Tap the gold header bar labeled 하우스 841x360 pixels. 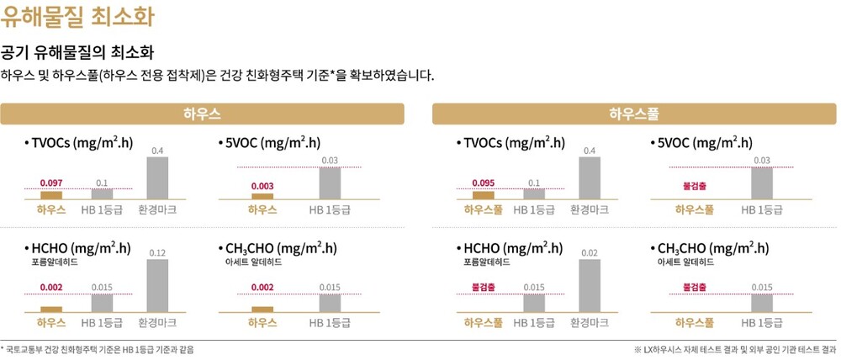point(202,113)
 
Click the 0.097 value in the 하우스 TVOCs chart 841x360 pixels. point(50,183)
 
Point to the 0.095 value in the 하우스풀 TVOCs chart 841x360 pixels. point(483,183)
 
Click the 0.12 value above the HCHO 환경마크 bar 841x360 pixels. point(157,252)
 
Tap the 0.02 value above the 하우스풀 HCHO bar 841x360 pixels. point(590,252)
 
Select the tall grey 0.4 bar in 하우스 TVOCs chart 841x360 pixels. point(157,177)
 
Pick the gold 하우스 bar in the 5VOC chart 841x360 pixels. point(263,195)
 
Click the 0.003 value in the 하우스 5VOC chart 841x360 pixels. point(263,185)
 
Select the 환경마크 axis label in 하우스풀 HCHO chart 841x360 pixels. point(590,322)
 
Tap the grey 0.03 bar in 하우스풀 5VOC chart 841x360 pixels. point(762,183)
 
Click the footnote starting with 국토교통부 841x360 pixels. point(98,348)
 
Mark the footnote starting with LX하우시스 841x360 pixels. point(735,348)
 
